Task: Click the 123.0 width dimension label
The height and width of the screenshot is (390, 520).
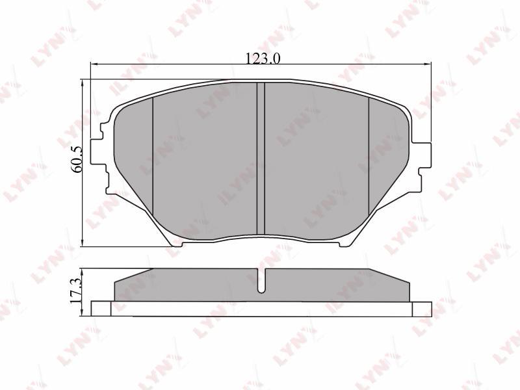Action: click(x=263, y=58)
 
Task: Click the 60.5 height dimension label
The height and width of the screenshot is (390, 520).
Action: click(x=77, y=160)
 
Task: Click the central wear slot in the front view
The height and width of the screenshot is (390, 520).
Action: click(x=261, y=159)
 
